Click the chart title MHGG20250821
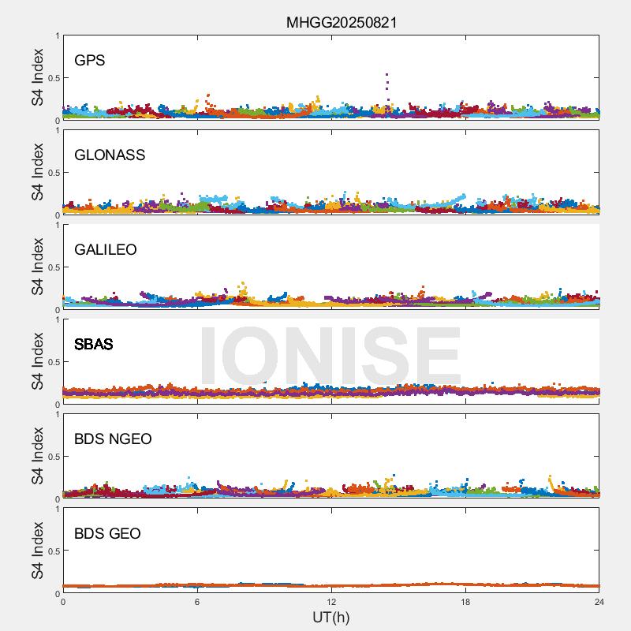(x=341, y=22)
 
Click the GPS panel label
(x=89, y=60)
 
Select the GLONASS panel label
(x=110, y=155)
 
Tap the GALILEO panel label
(x=106, y=249)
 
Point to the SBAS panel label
(x=94, y=344)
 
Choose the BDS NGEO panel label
(x=113, y=439)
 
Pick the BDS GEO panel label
(x=107, y=533)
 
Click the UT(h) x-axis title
(x=330, y=617)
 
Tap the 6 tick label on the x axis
(x=197, y=603)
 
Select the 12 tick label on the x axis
(x=331, y=603)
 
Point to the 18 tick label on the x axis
(x=465, y=603)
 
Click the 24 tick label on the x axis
(x=599, y=603)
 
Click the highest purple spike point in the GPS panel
(x=386, y=74)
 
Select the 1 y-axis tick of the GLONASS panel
(x=57, y=131)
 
